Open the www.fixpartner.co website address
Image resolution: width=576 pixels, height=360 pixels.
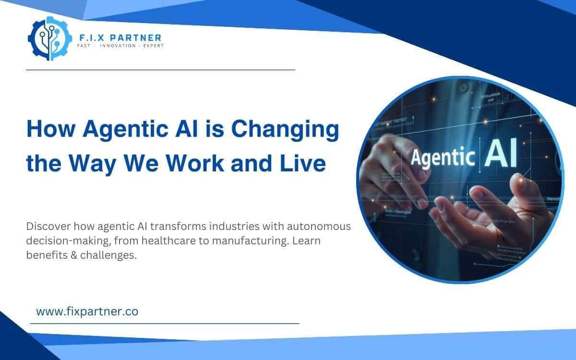click(x=87, y=312)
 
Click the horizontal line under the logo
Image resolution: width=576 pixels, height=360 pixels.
click(x=160, y=70)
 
